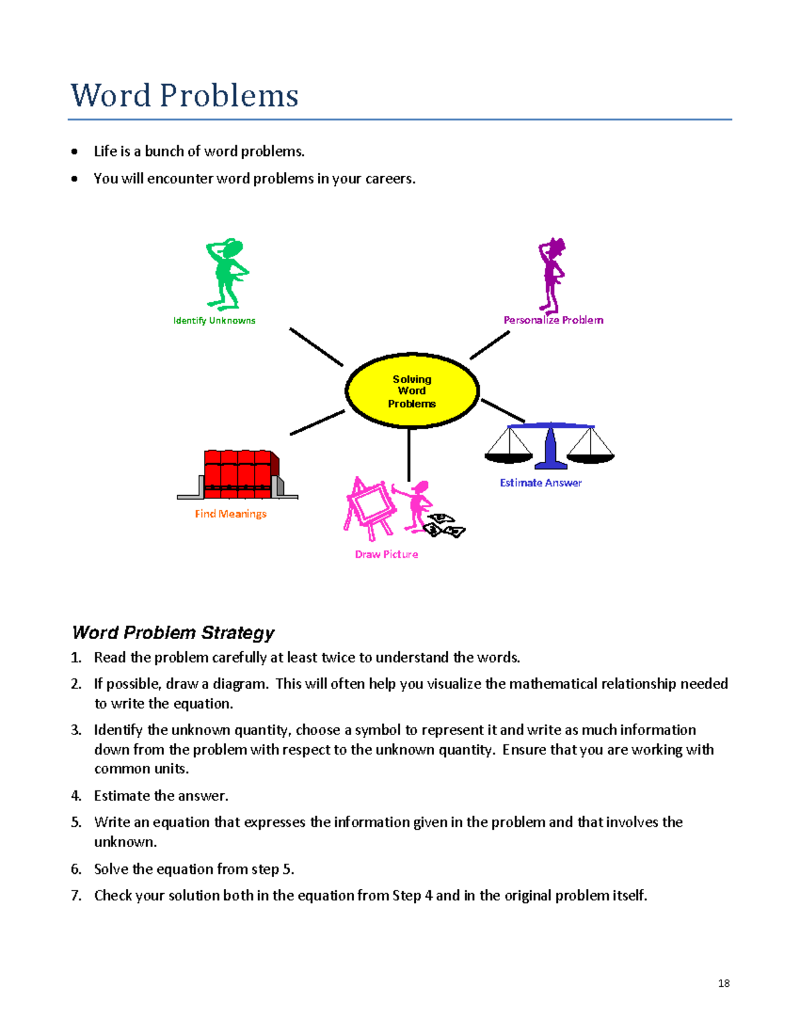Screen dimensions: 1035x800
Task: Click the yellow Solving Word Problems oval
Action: tap(412, 391)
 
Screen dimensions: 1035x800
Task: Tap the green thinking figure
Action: tap(227, 273)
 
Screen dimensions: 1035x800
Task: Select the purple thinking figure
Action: tap(552, 275)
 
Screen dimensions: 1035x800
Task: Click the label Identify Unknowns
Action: tap(214, 321)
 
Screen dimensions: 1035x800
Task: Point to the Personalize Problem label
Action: tap(553, 320)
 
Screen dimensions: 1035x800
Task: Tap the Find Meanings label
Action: tap(231, 514)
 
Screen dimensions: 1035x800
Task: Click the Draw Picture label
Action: tap(387, 554)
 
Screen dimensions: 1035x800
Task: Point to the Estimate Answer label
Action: tap(541, 483)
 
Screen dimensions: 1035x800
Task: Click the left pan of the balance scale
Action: tap(509, 456)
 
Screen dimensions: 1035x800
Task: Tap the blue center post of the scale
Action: tap(551, 448)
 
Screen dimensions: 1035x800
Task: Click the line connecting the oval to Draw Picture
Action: tap(409, 455)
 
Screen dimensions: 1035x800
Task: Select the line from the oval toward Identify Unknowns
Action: tap(316, 347)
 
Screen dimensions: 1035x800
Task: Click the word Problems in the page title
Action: tap(229, 95)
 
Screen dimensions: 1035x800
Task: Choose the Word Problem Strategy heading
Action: tap(173, 632)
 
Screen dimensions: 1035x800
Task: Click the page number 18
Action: tap(724, 983)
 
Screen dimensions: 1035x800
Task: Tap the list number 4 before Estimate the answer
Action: tap(76, 796)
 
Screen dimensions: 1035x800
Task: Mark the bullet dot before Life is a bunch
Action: tap(75, 152)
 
